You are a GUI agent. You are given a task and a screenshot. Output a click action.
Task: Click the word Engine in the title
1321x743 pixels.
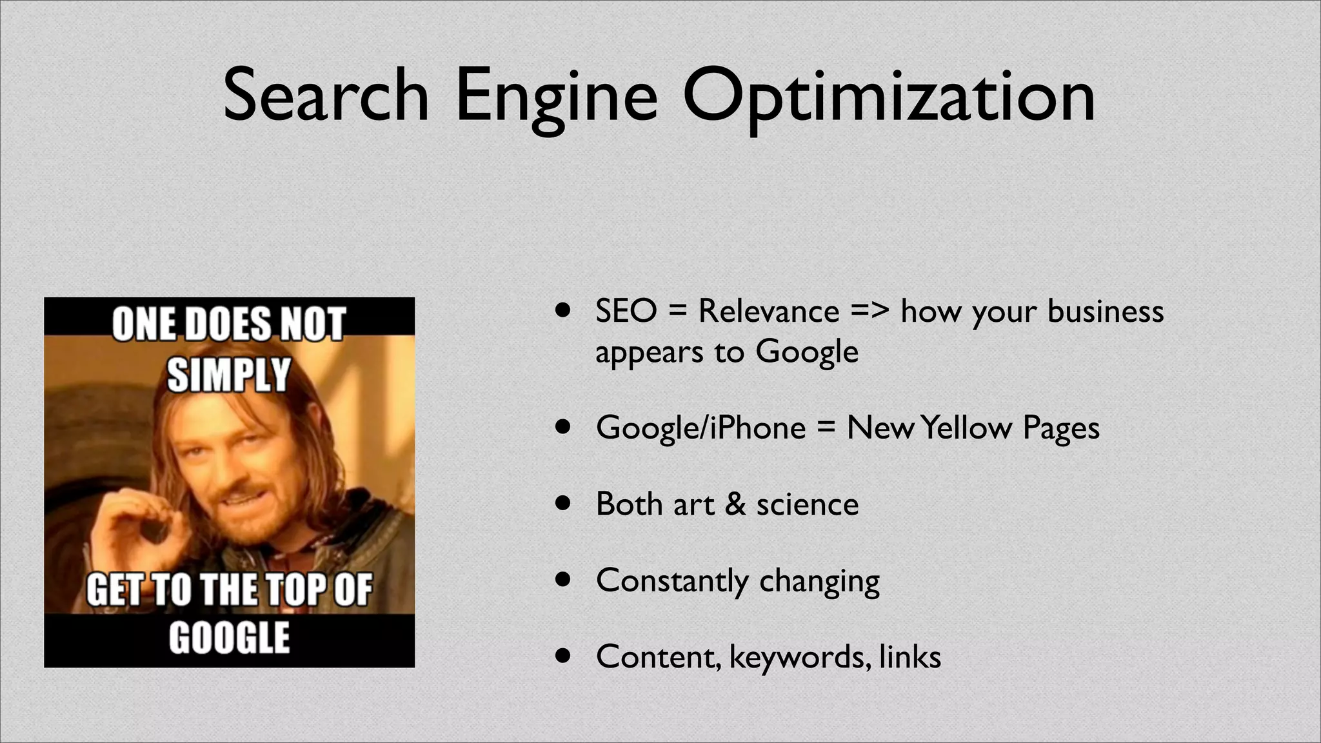pyautogui.click(x=557, y=97)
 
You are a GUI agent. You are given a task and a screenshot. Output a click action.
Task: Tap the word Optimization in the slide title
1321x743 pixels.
pyautogui.click(x=889, y=97)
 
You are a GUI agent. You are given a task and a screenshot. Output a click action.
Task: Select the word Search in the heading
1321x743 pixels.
pyautogui.click(x=326, y=97)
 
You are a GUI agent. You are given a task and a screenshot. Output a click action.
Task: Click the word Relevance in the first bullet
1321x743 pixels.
pyautogui.click(x=769, y=312)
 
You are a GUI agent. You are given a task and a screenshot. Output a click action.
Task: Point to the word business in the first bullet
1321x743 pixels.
pyautogui.click(x=1106, y=312)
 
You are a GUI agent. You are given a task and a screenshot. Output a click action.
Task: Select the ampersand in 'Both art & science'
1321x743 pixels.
pyautogui.click(x=735, y=504)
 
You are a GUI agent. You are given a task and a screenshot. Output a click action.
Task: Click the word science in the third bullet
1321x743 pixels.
pyautogui.click(x=808, y=504)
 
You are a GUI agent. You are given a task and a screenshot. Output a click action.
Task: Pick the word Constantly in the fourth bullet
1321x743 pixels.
pyautogui.click(x=671, y=580)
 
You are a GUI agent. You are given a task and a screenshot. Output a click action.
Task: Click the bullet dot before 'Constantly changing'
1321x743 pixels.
pyautogui.click(x=564, y=580)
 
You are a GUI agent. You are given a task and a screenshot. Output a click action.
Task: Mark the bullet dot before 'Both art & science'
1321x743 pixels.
pyautogui.click(x=564, y=503)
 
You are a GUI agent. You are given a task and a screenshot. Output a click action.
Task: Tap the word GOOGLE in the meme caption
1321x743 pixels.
pyautogui.click(x=229, y=639)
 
